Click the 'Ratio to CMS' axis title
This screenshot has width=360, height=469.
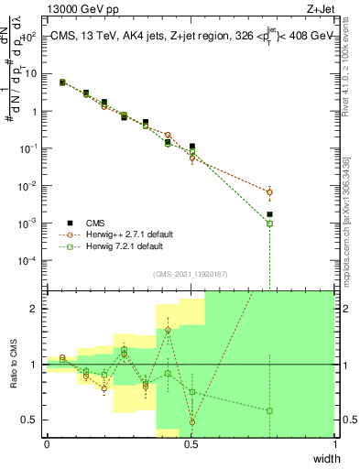coord(13,365)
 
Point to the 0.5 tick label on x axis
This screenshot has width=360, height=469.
coord(191,444)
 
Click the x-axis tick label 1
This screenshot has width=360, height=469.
coord(334,444)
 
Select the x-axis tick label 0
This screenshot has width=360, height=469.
coord(47,444)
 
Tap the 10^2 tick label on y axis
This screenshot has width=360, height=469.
coord(29,38)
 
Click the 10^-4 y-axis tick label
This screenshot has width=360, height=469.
coord(29,261)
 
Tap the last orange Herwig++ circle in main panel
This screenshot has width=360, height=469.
coord(269,192)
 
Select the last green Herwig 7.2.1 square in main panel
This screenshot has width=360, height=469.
coord(269,224)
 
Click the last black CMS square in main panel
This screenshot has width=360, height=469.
coord(269,214)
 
